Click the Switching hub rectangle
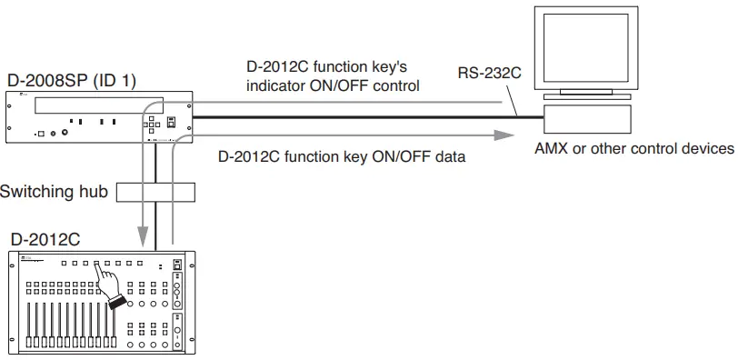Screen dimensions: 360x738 tap(156, 192)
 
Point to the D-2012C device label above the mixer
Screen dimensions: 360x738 tap(43, 239)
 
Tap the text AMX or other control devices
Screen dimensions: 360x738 tap(633, 148)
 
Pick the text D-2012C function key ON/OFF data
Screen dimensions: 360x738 tap(342, 156)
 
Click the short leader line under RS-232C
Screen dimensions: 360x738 tap(517, 99)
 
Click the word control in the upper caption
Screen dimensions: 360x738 tap(398, 86)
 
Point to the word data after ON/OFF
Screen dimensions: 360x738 tap(450, 156)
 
